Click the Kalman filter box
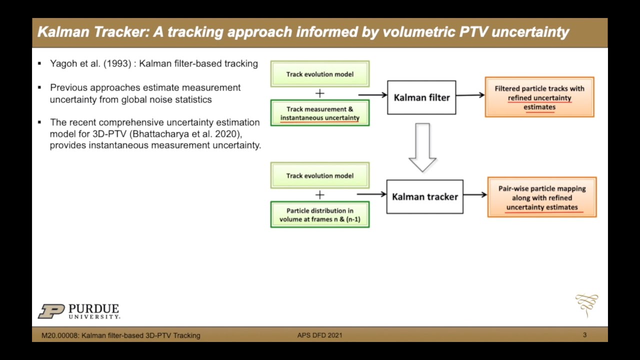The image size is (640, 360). pyautogui.click(x=421, y=97)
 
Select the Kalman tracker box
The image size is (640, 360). pyautogui.click(x=424, y=196)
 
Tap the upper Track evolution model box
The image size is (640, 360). pyautogui.click(x=319, y=74)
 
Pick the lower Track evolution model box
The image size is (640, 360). pyautogui.click(x=319, y=175)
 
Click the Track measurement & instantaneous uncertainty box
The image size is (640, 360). pyautogui.click(x=319, y=113)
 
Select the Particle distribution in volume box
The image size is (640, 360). pyautogui.click(x=319, y=214)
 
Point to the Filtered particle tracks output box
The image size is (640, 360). pyautogui.click(x=539, y=97)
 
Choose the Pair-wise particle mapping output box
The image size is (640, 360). pyautogui.click(x=541, y=197)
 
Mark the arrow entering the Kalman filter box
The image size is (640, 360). pyautogui.click(x=372, y=94)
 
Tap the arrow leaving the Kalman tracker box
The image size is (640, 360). pyautogui.click(x=475, y=194)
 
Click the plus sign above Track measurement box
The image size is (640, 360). pyautogui.click(x=319, y=93)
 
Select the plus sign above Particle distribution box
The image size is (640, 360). pyautogui.click(x=319, y=194)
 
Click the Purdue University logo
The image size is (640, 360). pyautogui.click(x=79, y=311)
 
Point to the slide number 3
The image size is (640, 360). pyautogui.click(x=584, y=335)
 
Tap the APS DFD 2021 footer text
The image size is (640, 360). pyautogui.click(x=319, y=335)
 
